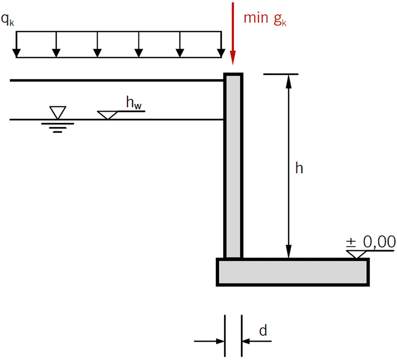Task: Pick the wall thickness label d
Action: pyautogui.click(x=263, y=331)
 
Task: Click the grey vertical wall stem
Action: pyautogui.click(x=233, y=166)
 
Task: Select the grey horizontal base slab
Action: pyautogui.click(x=293, y=272)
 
